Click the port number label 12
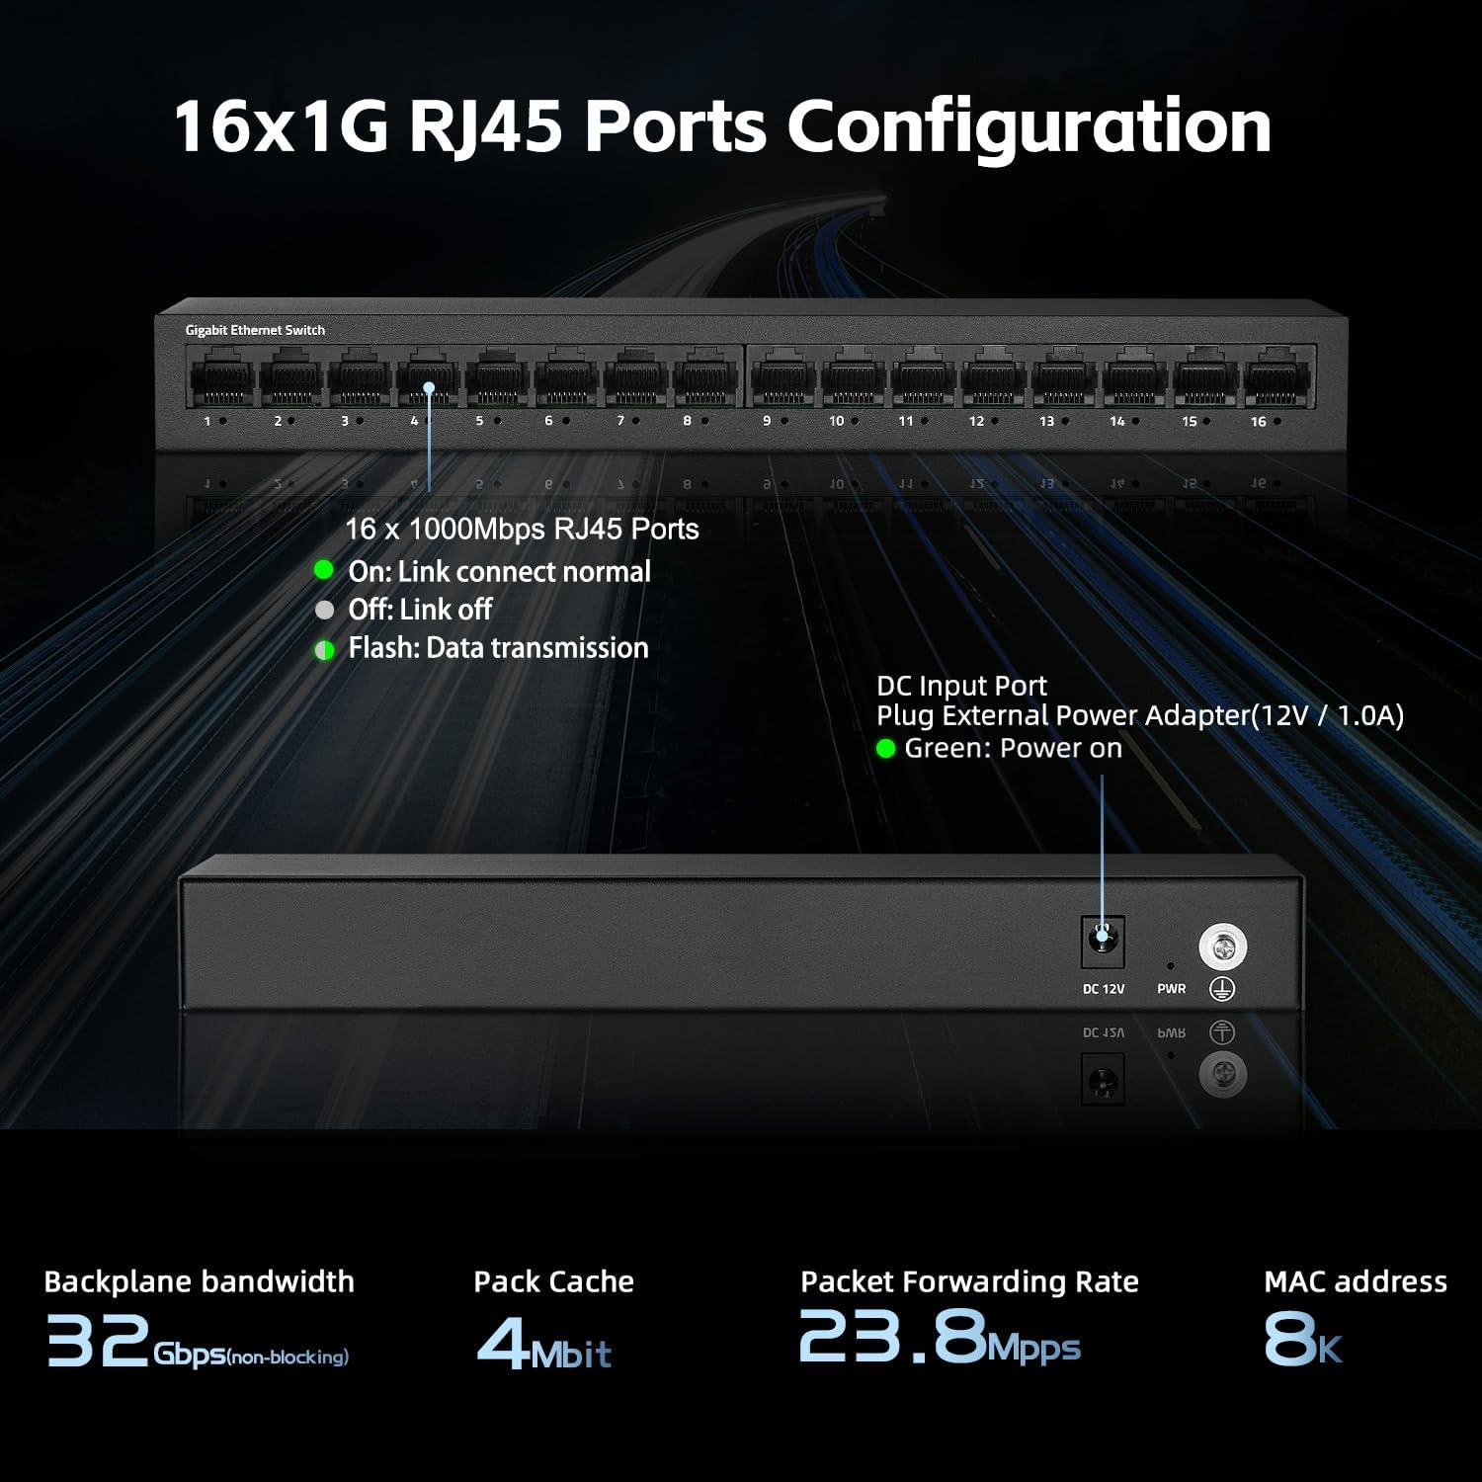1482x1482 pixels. click(976, 421)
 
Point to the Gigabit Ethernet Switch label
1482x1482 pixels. click(255, 330)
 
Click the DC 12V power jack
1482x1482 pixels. click(1103, 941)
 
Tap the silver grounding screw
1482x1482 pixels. click(1223, 947)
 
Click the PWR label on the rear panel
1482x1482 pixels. click(1171, 988)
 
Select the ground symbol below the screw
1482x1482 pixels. click(1222, 988)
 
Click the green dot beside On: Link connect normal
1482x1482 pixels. click(324, 570)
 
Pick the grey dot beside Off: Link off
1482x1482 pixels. click(324, 610)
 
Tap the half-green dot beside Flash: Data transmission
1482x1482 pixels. click(324, 650)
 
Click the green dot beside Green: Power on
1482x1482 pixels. click(885, 749)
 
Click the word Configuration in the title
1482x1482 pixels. click(1028, 126)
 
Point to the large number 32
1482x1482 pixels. click(98, 1340)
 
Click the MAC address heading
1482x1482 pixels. click(1355, 1281)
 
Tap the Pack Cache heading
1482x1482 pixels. click(553, 1281)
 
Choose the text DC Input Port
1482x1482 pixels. click(961, 685)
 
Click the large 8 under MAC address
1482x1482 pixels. click(1289, 1339)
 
